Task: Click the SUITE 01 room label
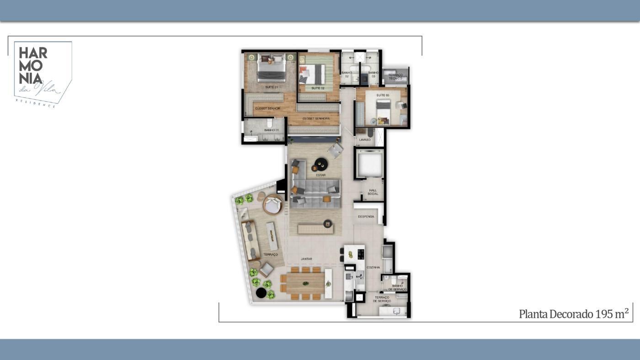coord(272,87)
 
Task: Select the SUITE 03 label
coord(383,95)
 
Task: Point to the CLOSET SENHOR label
coord(267,108)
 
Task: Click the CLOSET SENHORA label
coord(316,118)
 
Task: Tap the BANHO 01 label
coord(272,130)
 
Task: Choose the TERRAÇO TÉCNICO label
coord(395,77)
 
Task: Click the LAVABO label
coord(364,140)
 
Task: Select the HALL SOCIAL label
coord(373,192)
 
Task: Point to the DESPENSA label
coord(366,216)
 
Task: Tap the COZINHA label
coord(373,268)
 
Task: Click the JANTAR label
coord(306,259)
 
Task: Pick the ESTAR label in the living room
coord(320,175)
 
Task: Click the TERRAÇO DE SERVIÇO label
coord(382,299)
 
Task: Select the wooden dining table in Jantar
coord(305,283)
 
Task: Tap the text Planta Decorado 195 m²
coord(574,314)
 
